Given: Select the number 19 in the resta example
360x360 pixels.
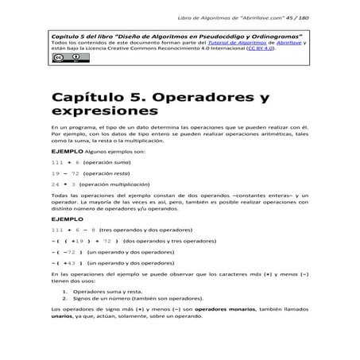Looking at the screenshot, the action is pyautogui.click(x=55, y=172).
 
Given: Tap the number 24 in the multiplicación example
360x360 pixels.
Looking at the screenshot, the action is pyautogui.click(x=55, y=183).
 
